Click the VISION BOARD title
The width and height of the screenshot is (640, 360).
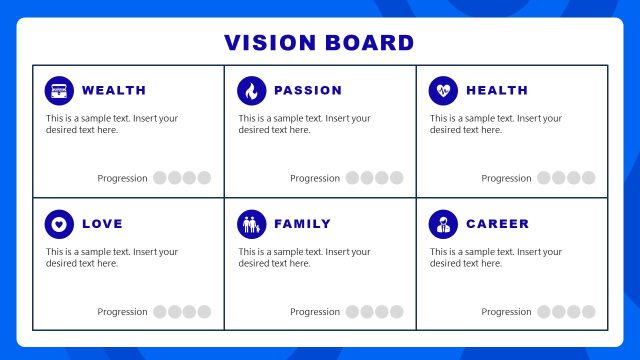coord(319,43)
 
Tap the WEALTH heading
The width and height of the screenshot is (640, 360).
coord(114,91)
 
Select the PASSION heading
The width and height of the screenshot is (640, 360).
coord(308,91)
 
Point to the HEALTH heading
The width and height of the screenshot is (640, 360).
coord(497,91)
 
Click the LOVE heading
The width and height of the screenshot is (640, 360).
coord(102,224)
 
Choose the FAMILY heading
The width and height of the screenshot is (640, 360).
coord(302,224)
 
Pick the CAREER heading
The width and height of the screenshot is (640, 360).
coord(498,224)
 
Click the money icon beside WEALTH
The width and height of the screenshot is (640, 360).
coord(59,91)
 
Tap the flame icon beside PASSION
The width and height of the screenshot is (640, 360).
coord(251,91)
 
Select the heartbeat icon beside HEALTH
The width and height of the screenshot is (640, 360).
coord(443,91)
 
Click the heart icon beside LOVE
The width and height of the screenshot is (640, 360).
coord(59,224)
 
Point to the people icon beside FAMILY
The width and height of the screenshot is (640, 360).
coord(251,224)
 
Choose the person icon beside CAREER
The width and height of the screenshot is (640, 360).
coord(443,224)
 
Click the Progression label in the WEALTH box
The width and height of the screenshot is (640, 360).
coord(122,178)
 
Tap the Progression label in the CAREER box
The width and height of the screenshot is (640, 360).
coord(506,312)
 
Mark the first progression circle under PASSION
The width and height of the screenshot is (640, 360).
coord(352,178)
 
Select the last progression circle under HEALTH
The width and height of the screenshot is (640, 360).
coord(588,178)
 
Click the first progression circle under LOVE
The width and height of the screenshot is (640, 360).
coord(160,312)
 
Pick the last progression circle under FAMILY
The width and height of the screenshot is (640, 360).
coord(396,312)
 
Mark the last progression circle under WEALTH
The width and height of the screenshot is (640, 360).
coord(204,178)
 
